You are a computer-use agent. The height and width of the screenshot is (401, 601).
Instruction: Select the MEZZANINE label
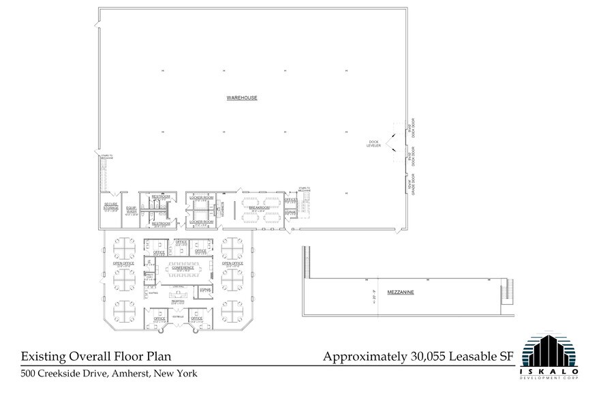[401, 292]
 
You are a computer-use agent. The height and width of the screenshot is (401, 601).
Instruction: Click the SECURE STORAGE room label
[112, 205]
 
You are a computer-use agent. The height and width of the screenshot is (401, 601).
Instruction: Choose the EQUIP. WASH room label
[132, 210]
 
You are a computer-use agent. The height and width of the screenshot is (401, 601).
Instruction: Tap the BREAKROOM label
[259, 207]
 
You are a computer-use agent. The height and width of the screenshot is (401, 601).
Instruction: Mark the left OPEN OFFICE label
[124, 263]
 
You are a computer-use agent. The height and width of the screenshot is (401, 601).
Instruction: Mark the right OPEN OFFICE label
[232, 263]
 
